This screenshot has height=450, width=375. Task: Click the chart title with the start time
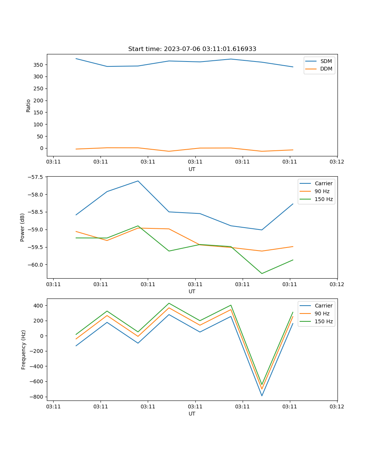coord(192,49)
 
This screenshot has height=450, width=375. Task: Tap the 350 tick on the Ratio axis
coord(39,65)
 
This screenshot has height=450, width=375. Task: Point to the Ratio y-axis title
coord(28,105)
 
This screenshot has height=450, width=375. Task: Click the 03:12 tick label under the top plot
coord(337,162)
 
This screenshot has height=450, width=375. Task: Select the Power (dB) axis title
coord(22,227)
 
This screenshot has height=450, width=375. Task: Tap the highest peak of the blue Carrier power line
coord(138,181)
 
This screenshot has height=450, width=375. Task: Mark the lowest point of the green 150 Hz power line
coord(262,273)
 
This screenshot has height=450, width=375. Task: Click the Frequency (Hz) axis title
coord(23,349)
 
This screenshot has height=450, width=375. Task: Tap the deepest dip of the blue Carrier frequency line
coord(262,396)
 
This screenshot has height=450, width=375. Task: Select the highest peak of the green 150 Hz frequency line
coord(169,303)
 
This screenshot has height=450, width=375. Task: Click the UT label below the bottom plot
coord(192,414)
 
